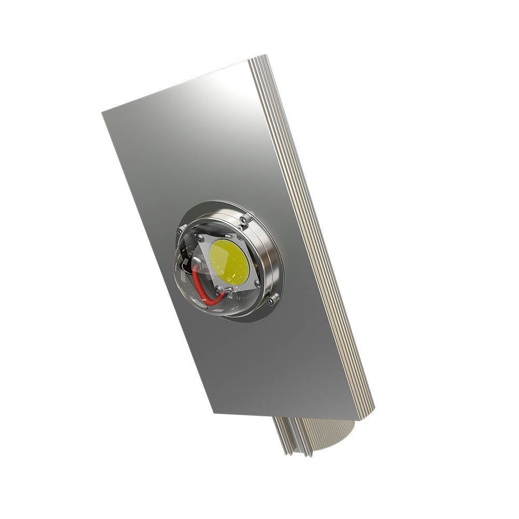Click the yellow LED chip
[x=229, y=262]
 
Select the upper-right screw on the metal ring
[x=243, y=221]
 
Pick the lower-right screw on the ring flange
[x=271, y=299]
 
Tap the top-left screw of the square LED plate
[x=200, y=238]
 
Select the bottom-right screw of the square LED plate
[x=256, y=283]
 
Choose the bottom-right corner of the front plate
[x=358, y=419]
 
